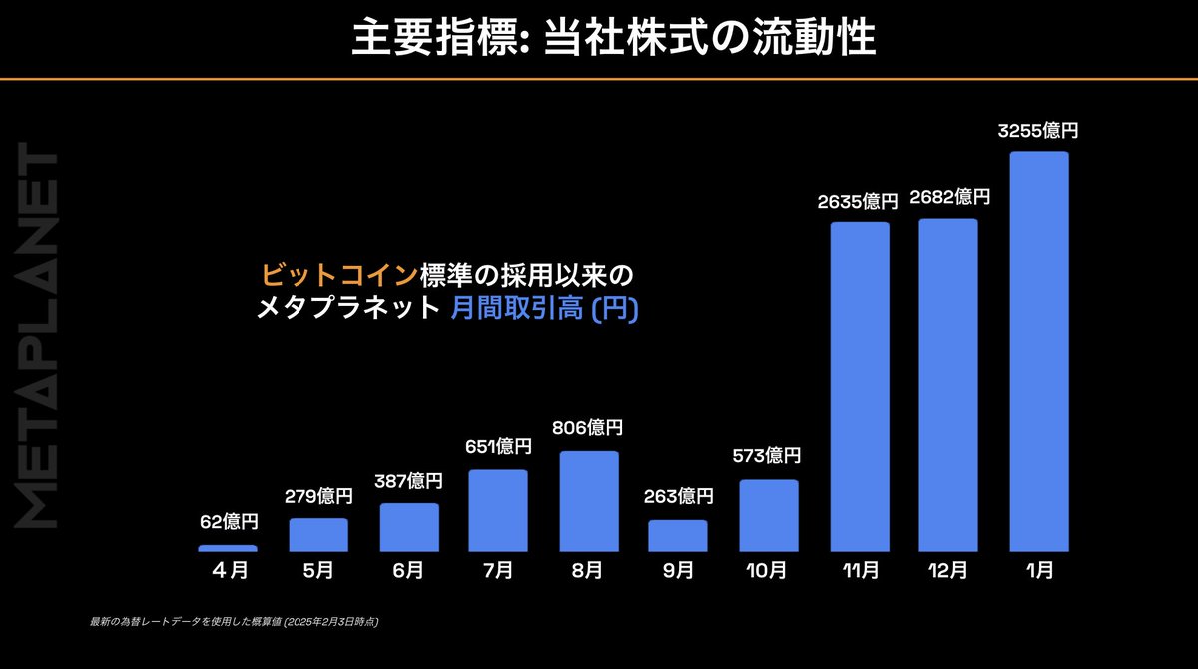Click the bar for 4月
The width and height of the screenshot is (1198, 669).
pyautogui.click(x=228, y=548)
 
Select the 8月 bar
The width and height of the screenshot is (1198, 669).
pyautogui.click(x=589, y=501)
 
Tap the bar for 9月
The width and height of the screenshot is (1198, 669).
pyautogui.click(x=678, y=536)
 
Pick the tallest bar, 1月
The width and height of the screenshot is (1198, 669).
pyautogui.click(x=1039, y=351)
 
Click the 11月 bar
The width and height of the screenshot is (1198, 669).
pyautogui.click(x=859, y=386)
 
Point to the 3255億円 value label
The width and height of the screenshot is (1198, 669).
pyautogui.click(x=1039, y=130)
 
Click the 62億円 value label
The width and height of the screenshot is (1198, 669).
pyautogui.click(x=228, y=522)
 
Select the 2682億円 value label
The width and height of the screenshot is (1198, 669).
pyautogui.click(x=949, y=197)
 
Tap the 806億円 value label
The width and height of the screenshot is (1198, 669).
pyautogui.click(x=588, y=428)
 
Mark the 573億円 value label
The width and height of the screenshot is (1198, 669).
pyautogui.click(x=769, y=456)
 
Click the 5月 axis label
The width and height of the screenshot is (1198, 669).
pyautogui.click(x=318, y=571)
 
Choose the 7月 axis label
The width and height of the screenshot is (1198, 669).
pyautogui.click(x=498, y=571)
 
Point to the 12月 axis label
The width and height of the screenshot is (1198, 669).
pyautogui.click(x=948, y=571)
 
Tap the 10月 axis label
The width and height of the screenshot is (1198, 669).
pyautogui.click(x=768, y=571)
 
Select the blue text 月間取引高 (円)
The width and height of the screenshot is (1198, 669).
pyautogui.click(x=544, y=310)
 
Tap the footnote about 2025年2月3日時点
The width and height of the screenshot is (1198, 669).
pyautogui.click(x=234, y=621)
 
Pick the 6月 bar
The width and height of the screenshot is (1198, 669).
pyautogui.click(x=409, y=527)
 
